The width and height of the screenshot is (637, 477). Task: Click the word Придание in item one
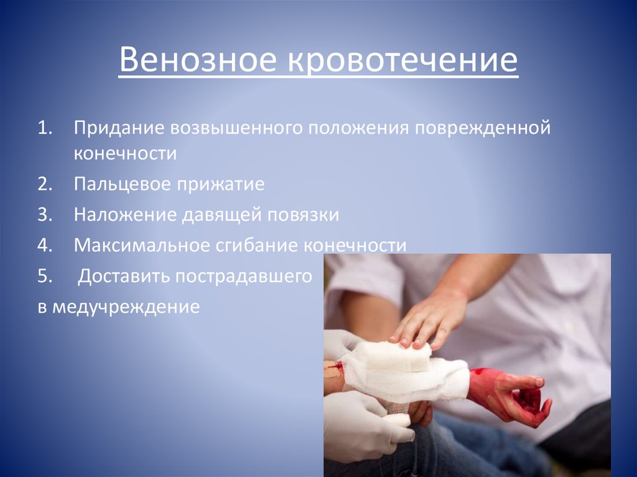click(x=118, y=128)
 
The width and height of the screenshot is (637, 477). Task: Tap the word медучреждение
click(x=125, y=306)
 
